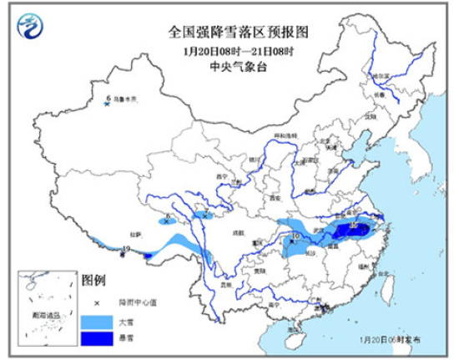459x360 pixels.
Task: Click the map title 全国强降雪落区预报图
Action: pyautogui.click(x=239, y=33)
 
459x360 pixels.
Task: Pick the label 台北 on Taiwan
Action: pyautogui.click(x=384, y=273)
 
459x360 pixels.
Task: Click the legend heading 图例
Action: pyautogui.click(x=93, y=277)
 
